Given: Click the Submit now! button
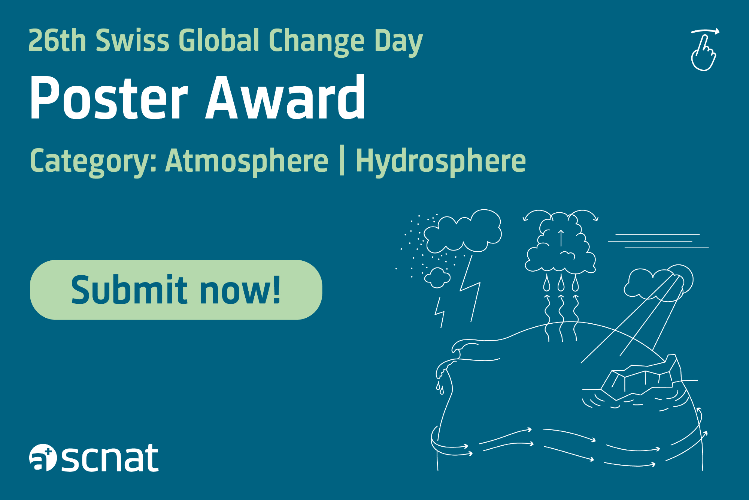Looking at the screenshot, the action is tap(176, 290).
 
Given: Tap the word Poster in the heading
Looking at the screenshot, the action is tap(109, 98).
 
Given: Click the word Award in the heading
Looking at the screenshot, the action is tap(285, 97).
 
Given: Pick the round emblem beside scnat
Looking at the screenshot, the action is tap(43, 457).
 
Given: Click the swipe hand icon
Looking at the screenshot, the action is tap(704, 50).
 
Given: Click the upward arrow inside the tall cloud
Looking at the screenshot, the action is tap(561, 238).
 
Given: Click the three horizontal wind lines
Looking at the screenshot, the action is tap(658, 241).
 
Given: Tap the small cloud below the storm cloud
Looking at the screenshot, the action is tap(437, 278).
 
